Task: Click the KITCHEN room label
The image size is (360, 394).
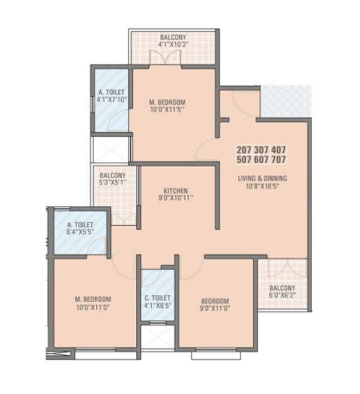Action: (176, 190)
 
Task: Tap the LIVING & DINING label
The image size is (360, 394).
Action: (262, 178)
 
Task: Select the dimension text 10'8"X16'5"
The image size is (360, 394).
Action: (262, 187)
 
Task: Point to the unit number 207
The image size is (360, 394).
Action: (245, 150)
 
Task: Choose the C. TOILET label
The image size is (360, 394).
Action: (157, 298)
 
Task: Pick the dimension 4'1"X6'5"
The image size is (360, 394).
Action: (157, 307)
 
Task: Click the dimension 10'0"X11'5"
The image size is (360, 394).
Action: (167, 110)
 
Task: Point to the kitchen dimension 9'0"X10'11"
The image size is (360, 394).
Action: (176, 199)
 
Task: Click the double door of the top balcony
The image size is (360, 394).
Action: (165, 58)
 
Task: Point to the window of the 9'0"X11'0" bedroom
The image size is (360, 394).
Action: (210, 355)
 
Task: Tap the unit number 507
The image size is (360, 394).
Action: (245, 159)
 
